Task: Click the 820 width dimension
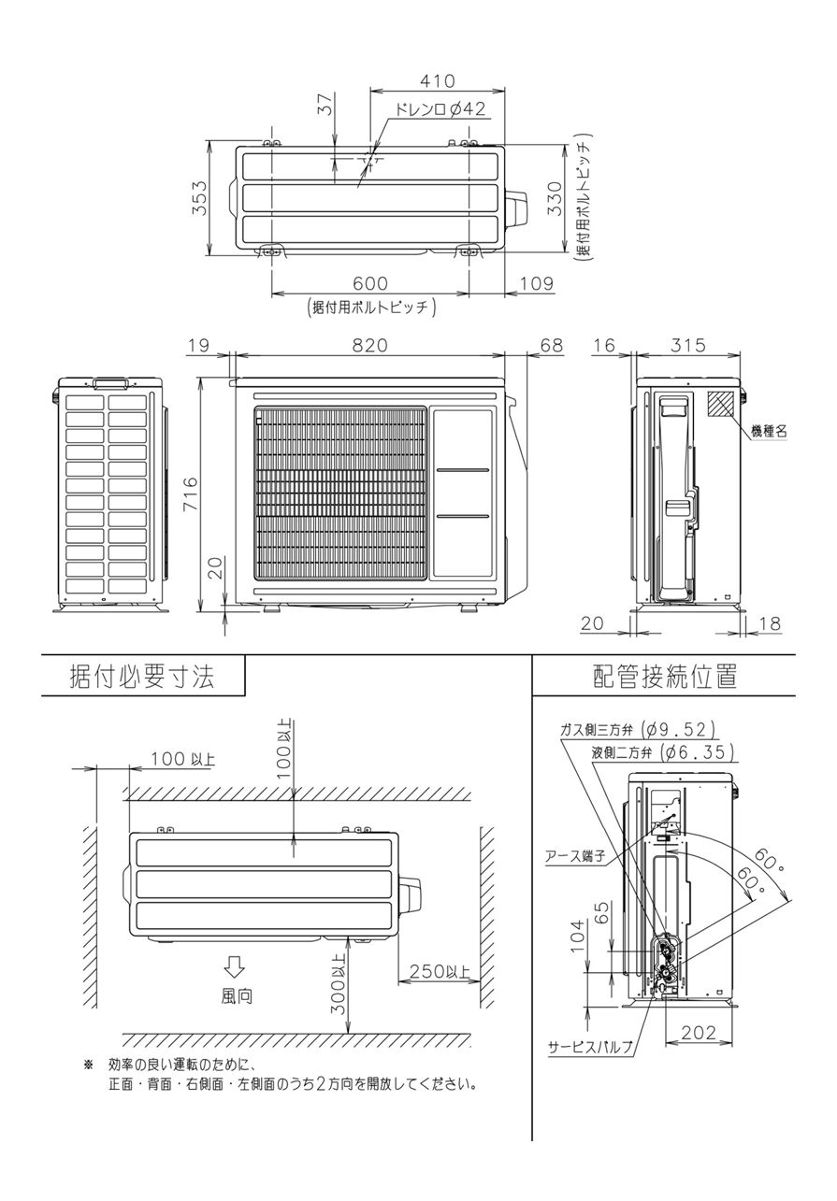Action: (369, 345)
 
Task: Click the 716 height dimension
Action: (192, 493)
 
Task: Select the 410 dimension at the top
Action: (437, 80)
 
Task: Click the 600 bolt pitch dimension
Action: (371, 283)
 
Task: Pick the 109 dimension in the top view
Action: (536, 283)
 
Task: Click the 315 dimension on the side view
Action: (688, 345)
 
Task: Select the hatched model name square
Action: (721, 404)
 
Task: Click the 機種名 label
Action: (769, 431)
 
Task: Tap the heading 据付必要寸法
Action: (142, 677)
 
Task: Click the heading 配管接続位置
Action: (665, 677)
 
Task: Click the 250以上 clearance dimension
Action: (440, 972)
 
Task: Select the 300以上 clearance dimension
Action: (339, 985)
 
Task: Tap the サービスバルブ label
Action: (590, 1046)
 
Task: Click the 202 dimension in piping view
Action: (700, 1033)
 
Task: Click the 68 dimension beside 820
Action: (552, 345)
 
